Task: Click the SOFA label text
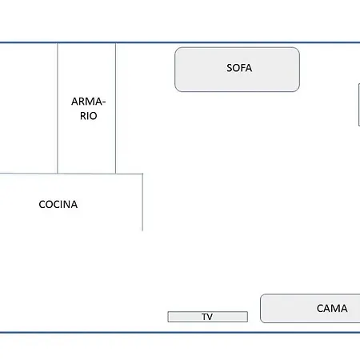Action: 239,68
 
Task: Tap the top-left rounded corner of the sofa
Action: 177,50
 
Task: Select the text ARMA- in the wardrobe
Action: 88,102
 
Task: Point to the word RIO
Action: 88,116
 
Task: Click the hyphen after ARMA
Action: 104,102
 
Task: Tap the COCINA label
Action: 58,205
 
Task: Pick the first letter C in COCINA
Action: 42,205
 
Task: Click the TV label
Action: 207,317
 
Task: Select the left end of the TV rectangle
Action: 168,317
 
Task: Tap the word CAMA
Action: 332,308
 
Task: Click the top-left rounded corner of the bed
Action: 262,296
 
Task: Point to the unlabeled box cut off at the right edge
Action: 359,105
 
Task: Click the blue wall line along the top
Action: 180,42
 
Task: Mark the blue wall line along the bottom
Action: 180,332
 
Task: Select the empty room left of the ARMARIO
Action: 29,108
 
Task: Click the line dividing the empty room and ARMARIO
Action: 58,108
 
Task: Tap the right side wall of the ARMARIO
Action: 115,108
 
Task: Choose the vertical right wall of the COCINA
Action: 142,202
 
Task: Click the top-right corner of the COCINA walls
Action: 142,174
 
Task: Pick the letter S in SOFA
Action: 229,68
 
